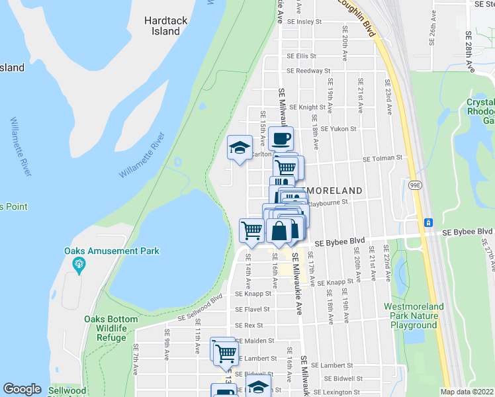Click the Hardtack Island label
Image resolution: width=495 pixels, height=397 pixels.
[165, 26]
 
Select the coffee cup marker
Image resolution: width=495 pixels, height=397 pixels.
[281, 138]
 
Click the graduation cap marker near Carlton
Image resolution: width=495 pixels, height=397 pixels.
[239, 148]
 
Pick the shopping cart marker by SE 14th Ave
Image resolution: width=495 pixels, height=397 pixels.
[251, 231]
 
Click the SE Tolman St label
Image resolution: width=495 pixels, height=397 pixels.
[382, 158]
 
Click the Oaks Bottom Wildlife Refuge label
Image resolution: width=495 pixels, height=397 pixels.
[111, 328]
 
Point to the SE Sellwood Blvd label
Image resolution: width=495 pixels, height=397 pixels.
[199, 310]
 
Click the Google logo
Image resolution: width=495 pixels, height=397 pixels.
[22, 389]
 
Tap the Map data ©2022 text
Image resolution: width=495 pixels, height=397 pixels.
[467, 392]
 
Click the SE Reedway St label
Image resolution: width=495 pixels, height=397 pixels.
[308, 71]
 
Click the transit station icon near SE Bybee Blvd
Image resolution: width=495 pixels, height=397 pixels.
[428, 221]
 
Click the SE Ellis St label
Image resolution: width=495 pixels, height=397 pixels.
[301, 56]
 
